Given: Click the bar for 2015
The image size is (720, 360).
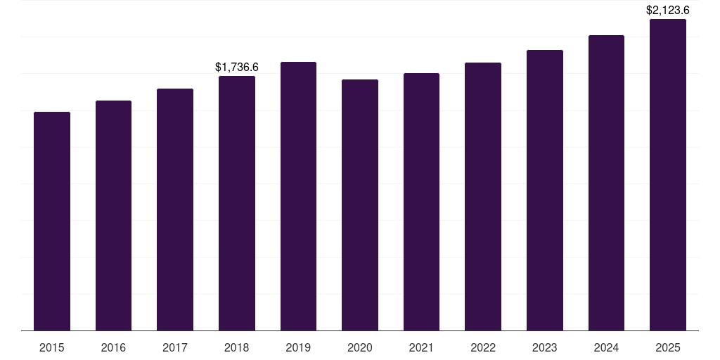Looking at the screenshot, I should tap(52, 221).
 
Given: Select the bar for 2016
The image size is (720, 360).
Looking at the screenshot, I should tap(113, 215).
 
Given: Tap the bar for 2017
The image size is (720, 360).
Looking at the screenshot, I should tap(175, 210).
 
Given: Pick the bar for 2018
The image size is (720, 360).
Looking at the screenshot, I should tap(237, 203).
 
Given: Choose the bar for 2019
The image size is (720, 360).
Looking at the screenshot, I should tap(298, 196).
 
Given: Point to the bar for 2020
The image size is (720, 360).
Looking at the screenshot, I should tap(360, 205).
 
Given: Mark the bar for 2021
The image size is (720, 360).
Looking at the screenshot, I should tap(421, 202).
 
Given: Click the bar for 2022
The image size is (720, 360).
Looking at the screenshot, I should tap(483, 196).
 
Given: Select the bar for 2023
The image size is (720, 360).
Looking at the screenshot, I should tap(545, 190).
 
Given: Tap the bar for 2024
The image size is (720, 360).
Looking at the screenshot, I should tap(606, 183).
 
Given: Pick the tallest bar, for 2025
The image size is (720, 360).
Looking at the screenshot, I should tap(668, 174).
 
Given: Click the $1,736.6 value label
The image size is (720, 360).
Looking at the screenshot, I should tap(237, 67).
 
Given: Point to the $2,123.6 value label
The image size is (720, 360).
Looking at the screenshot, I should tap(668, 11).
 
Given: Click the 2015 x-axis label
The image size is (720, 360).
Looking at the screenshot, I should tap(52, 347).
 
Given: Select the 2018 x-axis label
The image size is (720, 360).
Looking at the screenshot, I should tap(237, 347).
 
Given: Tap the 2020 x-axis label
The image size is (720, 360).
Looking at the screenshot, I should tap(360, 347).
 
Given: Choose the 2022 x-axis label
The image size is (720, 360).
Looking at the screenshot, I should tap(483, 347).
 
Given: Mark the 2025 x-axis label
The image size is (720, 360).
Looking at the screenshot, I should tap(668, 347).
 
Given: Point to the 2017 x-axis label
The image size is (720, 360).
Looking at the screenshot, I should tap(175, 347).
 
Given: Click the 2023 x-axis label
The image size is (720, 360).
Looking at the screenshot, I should tap(545, 347).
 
